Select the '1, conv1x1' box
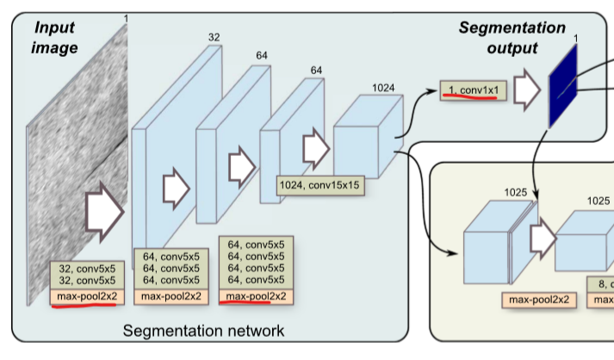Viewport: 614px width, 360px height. click(471, 89)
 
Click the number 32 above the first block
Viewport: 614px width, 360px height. click(214, 37)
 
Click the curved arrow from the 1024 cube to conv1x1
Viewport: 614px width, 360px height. click(417, 108)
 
